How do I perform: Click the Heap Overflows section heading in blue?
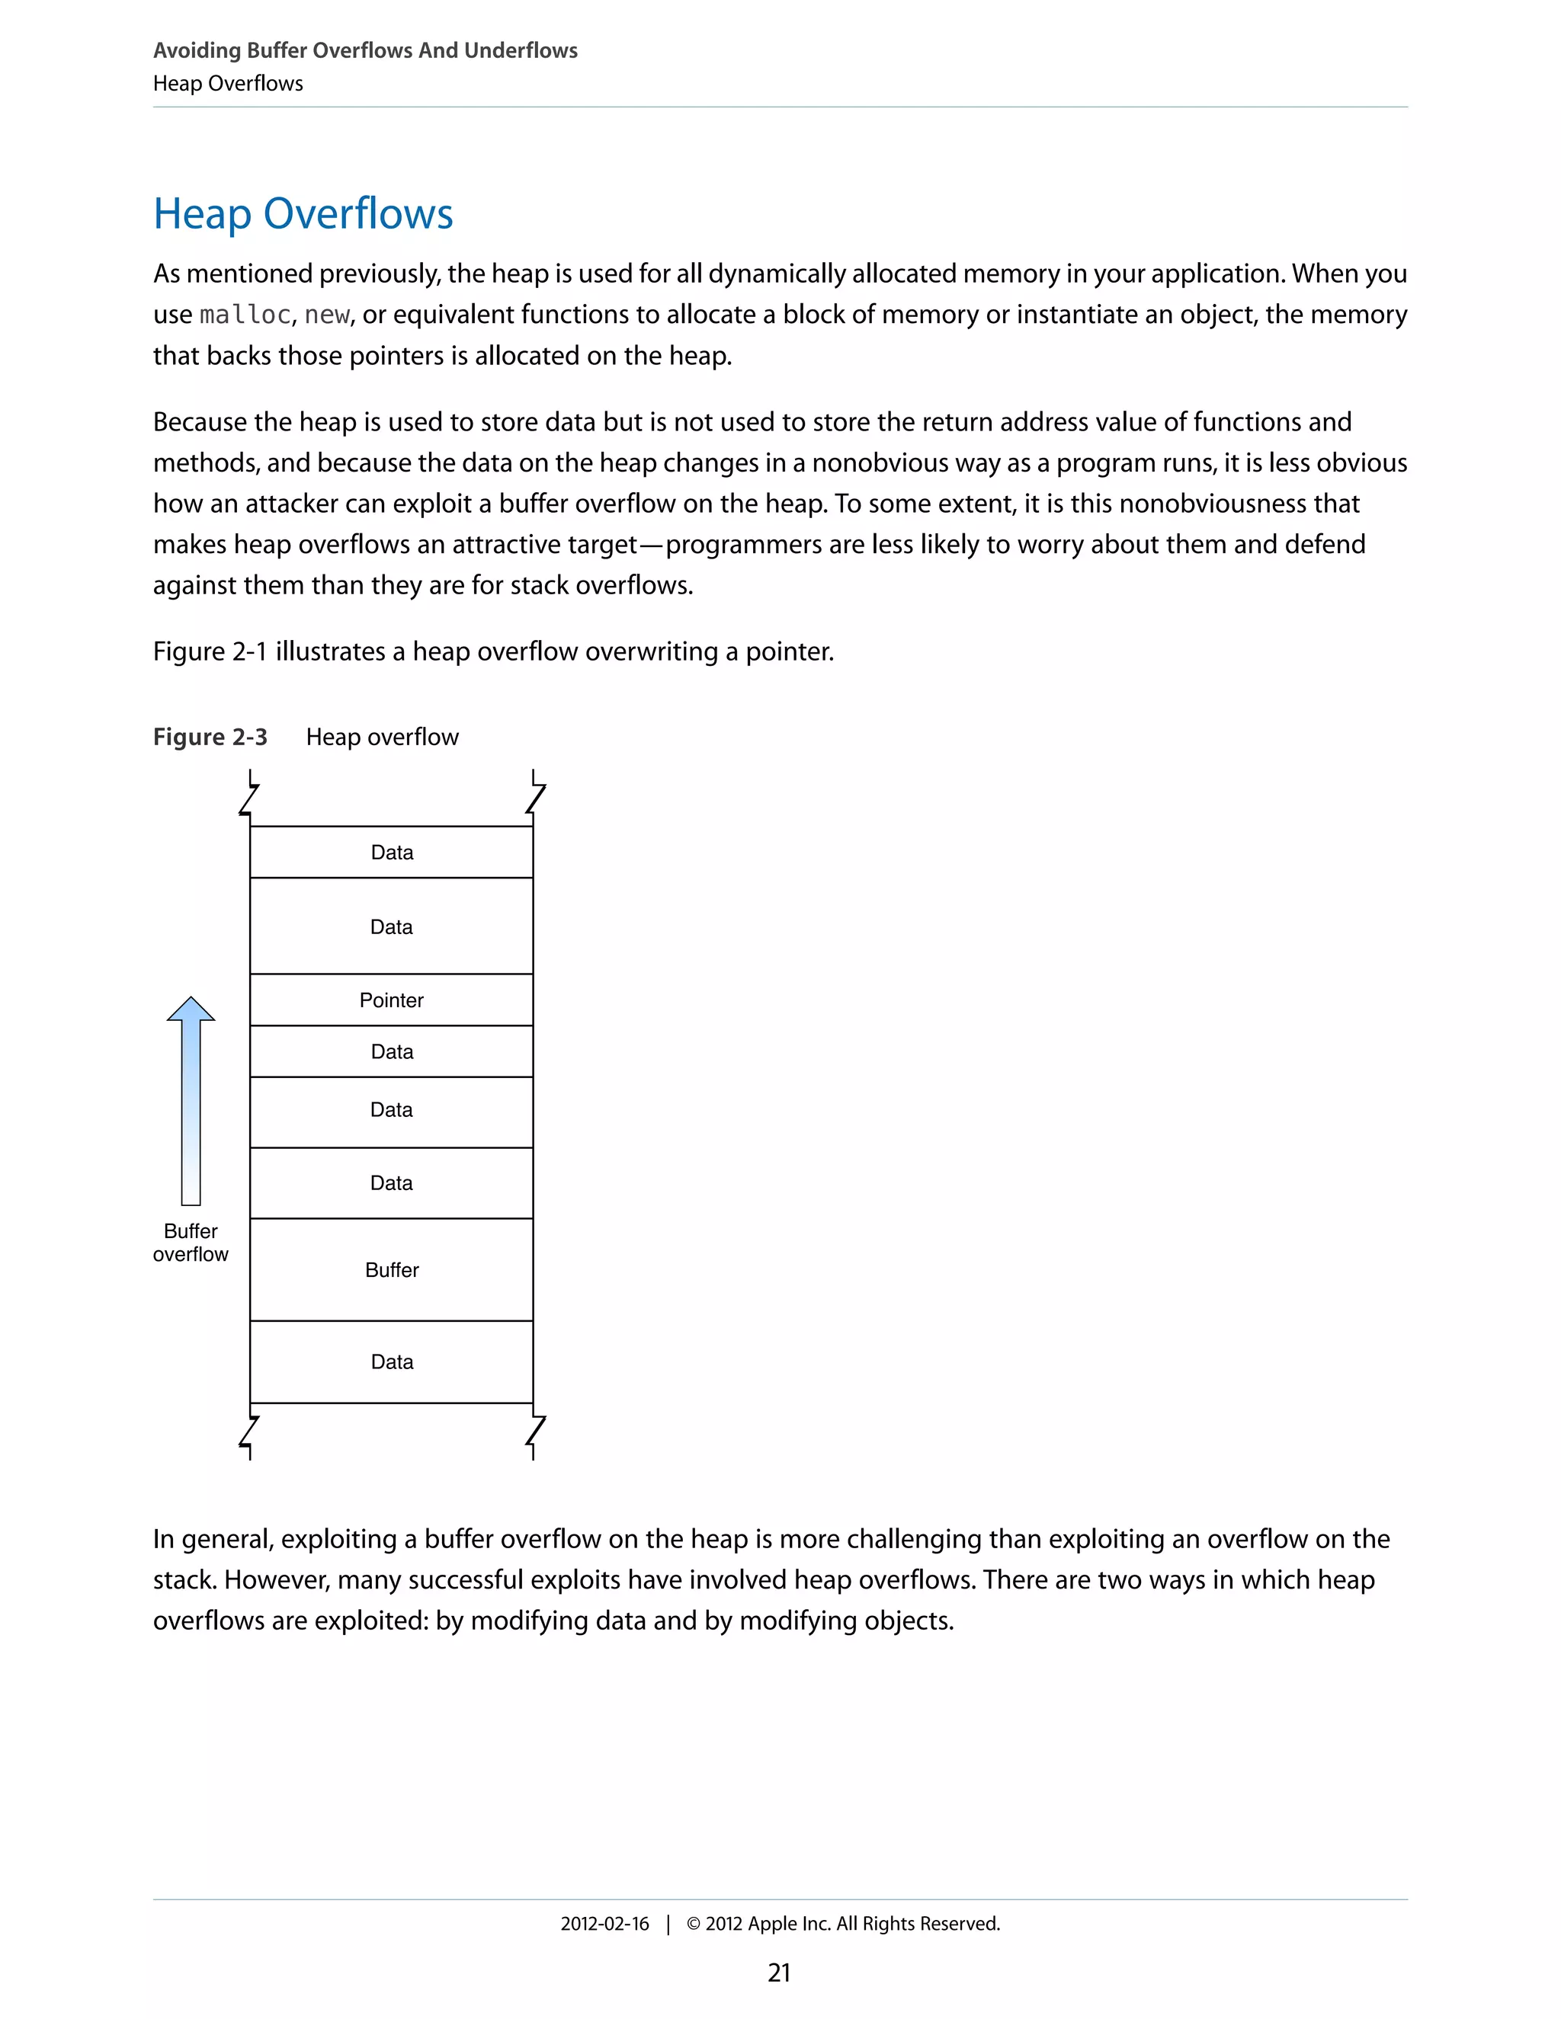click(x=303, y=213)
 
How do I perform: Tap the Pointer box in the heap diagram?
click(x=391, y=1000)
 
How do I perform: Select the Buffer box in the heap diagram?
click(x=391, y=1269)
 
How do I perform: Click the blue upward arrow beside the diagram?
click(x=191, y=1100)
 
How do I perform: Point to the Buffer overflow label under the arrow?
click(x=191, y=1243)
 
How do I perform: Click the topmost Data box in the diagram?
click(x=391, y=853)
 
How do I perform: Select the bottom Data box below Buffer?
click(x=391, y=1361)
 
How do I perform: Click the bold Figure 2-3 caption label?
click(x=210, y=737)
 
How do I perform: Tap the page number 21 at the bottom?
click(x=780, y=1973)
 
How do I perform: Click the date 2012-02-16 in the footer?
click(x=604, y=1924)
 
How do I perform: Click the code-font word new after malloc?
click(x=326, y=315)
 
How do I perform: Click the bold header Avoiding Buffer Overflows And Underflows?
click(x=365, y=51)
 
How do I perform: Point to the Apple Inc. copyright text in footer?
click(x=844, y=1924)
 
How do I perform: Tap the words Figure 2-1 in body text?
click(x=210, y=651)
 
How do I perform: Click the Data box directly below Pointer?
click(x=391, y=1052)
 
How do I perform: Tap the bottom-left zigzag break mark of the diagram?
click(x=248, y=1434)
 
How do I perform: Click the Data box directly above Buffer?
click(x=391, y=1183)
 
